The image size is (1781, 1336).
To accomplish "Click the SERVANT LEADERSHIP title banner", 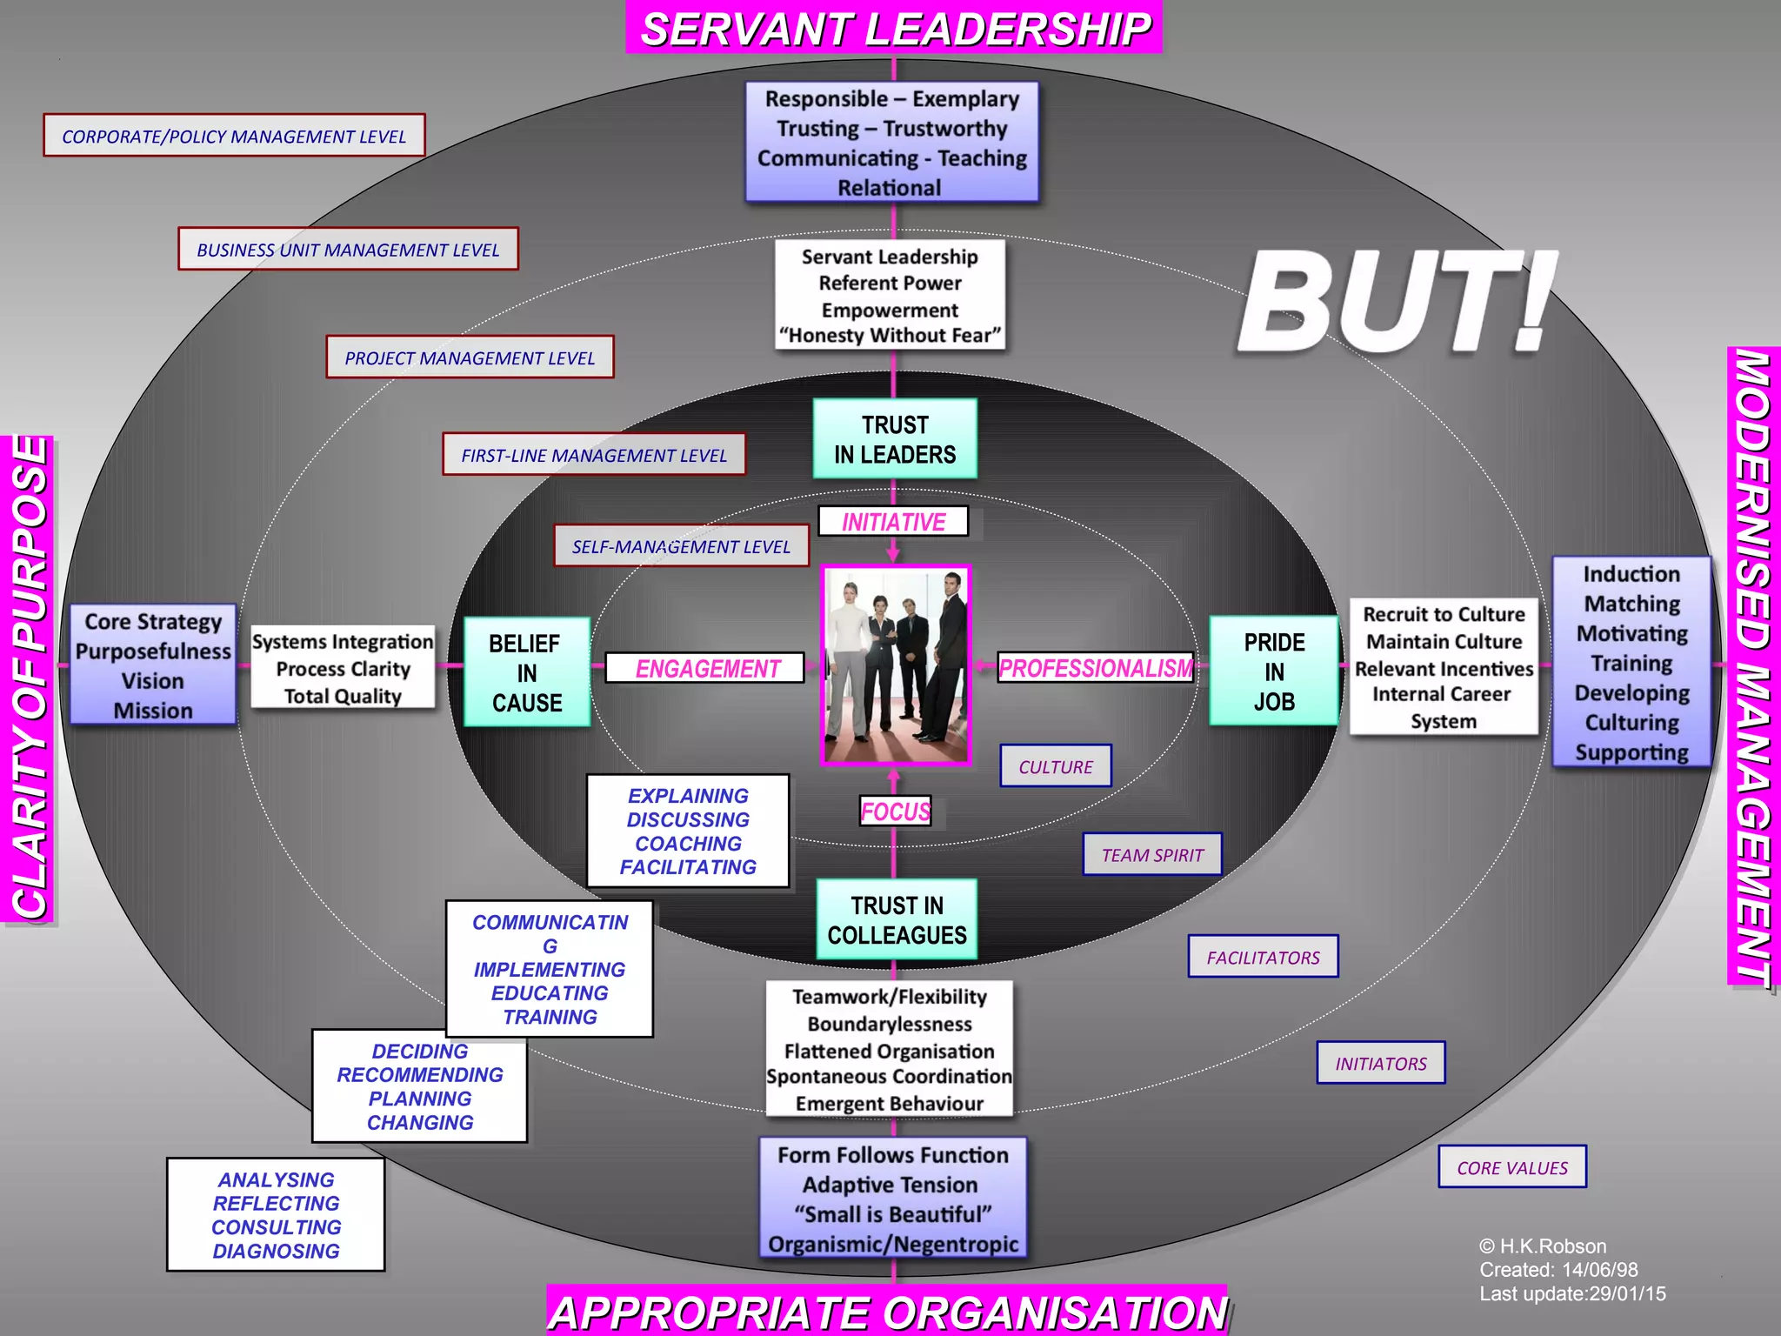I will (894, 29).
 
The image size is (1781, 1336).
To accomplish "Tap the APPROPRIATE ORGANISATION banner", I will (887, 1312).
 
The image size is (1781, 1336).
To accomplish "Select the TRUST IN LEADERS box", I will (895, 439).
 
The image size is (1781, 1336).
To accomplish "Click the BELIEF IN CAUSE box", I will (526, 672).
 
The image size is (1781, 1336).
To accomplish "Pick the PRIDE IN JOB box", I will (1274, 671).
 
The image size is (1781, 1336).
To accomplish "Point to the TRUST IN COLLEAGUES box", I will (897, 920).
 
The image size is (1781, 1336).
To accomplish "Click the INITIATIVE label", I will (893, 522).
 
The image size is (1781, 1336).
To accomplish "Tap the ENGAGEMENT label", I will (706, 668).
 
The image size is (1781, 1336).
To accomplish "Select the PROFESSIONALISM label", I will (1095, 668).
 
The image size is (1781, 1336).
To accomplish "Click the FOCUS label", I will (895, 812).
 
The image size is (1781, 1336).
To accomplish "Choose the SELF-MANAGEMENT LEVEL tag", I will (681, 546).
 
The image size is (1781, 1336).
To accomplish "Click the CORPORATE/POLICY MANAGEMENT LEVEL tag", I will (234, 136).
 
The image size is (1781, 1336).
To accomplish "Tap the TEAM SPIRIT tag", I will (1152, 855).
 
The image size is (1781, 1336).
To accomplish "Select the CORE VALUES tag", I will (1512, 1167).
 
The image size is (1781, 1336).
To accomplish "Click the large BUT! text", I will (1396, 303).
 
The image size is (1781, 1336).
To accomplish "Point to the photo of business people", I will (896, 665).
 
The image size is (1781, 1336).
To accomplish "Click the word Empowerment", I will (890, 311).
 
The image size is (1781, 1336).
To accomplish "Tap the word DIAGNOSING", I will (276, 1251).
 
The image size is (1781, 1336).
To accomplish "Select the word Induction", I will (1631, 574).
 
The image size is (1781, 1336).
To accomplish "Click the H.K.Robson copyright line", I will (1544, 1246).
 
